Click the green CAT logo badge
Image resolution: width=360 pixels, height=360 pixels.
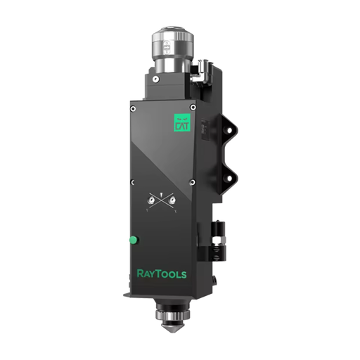click(182, 122)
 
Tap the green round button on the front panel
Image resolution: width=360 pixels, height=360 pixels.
click(134, 240)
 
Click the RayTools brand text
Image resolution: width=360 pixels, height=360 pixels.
click(162, 274)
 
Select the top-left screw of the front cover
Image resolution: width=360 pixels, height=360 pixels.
click(133, 109)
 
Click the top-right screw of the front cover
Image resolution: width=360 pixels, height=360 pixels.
click(193, 108)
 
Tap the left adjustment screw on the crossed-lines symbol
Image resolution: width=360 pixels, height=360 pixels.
click(151, 200)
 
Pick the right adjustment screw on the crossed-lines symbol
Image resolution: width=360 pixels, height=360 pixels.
click(172, 200)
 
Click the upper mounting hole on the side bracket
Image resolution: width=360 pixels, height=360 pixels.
click(229, 130)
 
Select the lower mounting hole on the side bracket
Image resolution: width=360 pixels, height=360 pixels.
click(229, 179)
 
